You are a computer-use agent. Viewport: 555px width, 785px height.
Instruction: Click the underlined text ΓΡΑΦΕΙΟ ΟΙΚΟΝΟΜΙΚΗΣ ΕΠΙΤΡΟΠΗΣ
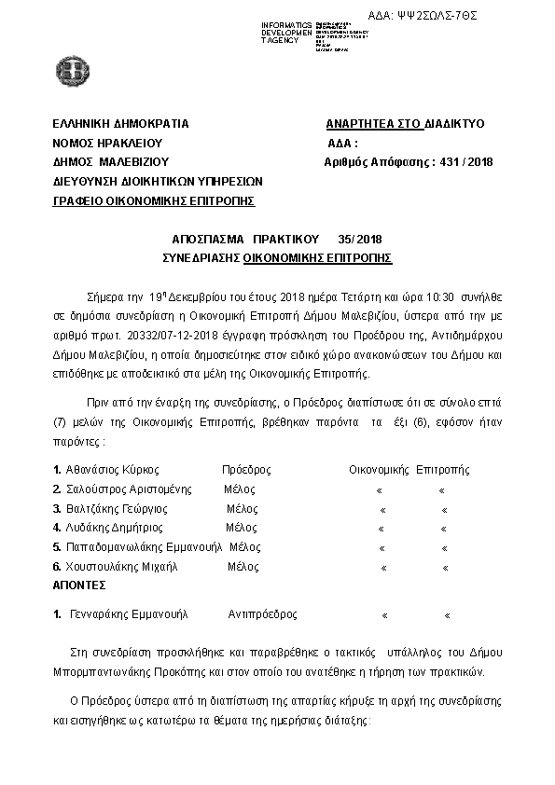154,200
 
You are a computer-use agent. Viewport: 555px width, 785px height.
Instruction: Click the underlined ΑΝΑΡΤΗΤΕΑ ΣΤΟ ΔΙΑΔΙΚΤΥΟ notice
405,124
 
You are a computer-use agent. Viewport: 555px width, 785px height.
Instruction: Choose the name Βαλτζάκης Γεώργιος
117,509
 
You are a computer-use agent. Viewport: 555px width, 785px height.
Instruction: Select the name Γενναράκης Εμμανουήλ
128,615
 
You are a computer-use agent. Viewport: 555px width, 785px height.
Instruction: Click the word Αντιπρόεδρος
263,615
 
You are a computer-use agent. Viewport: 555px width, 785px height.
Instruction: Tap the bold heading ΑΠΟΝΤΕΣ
79,585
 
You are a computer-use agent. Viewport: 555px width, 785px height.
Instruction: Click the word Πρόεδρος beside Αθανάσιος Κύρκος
246,470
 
